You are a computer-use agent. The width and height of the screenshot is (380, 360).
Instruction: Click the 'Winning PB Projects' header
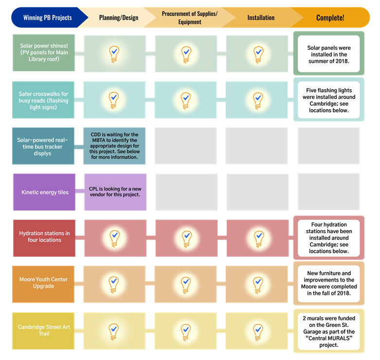(x=47, y=18)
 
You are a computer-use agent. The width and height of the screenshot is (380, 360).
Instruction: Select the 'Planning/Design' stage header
(x=118, y=18)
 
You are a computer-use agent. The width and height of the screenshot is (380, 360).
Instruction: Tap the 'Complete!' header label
(x=330, y=18)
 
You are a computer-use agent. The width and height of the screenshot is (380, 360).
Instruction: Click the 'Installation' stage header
(x=261, y=18)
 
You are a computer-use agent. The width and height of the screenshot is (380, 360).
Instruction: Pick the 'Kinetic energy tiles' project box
(x=44, y=192)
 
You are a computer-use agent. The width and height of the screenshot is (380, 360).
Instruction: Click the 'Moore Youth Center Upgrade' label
(x=44, y=283)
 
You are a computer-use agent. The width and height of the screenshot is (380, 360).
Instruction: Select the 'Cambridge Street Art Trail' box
(x=44, y=330)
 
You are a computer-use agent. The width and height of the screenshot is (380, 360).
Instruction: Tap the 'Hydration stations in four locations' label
(x=44, y=237)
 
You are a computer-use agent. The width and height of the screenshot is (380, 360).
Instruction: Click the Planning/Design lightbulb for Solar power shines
(x=114, y=53)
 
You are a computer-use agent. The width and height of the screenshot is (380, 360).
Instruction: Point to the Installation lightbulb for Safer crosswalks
(x=258, y=100)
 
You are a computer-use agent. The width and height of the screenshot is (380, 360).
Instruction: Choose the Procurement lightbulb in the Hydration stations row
(x=186, y=238)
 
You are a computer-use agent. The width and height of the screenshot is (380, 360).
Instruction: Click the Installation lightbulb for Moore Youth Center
(x=258, y=284)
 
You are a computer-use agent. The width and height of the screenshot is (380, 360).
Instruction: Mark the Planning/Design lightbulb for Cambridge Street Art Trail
(x=114, y=331)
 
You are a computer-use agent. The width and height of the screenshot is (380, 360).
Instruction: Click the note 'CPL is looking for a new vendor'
(x=115, y=192)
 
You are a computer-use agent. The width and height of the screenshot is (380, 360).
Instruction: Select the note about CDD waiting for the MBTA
(x=115, y=146)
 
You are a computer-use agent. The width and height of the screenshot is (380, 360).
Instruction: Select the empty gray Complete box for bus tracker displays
(x=328, y=146)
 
